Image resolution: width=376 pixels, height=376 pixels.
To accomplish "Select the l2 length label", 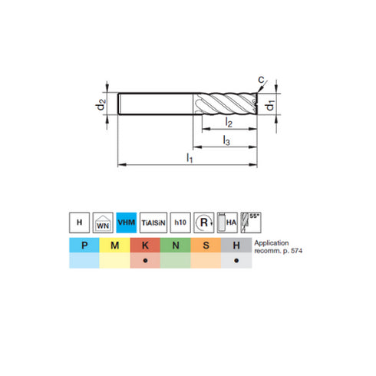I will (229, 123).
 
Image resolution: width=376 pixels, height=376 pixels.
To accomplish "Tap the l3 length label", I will (226, 140).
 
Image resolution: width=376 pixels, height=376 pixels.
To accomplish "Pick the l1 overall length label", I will (189, 157).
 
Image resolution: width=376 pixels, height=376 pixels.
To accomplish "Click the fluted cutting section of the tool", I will (227, 103).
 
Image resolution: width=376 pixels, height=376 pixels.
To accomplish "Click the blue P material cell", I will (84, 246).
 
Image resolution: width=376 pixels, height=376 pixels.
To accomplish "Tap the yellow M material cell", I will (114, 246).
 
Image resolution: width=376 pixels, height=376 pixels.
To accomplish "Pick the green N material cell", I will (175, 246).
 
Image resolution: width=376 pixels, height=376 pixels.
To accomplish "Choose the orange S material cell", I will (206, 246).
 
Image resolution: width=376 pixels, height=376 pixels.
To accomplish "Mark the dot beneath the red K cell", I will (144, 261).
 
